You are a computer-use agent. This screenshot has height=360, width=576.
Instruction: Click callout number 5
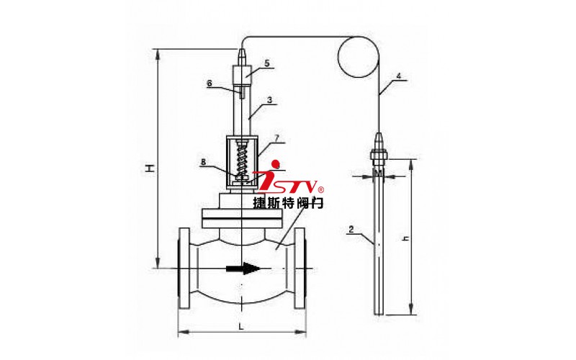point(267,63)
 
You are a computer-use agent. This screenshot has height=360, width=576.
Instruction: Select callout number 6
point(210,84)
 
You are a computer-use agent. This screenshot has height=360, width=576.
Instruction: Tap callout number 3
point(270,100)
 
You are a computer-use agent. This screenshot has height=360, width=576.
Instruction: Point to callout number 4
point(399,76)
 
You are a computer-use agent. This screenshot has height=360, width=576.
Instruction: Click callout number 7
point(276,138)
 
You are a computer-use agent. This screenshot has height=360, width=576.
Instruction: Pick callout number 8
point(204,161)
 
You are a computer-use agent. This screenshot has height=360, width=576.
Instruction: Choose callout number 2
point(351,230)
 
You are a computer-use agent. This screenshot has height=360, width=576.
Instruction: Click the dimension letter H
point(149,168)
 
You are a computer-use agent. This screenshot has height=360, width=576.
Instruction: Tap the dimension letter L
point(241,326)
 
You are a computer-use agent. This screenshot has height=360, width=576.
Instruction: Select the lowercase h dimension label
point(405,238)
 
